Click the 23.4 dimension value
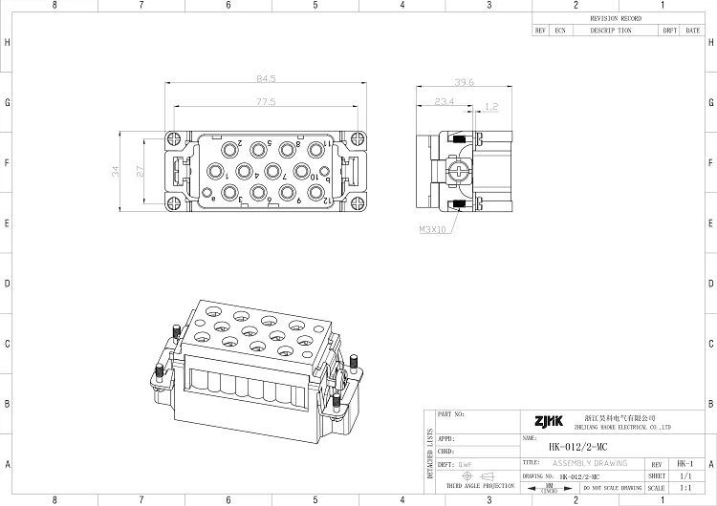[x=445, y=100]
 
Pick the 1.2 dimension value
[x=491, y=107]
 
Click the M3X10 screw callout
[x=432, y=229]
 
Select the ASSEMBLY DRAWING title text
[x=590, y=463]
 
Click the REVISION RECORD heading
[x=617, y=19]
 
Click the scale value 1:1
[x=684, y=487]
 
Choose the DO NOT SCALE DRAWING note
[x=611, y=487]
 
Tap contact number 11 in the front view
[x=326, y=143]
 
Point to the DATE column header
[x=692, y=31]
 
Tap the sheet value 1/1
[x=684, y=474]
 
